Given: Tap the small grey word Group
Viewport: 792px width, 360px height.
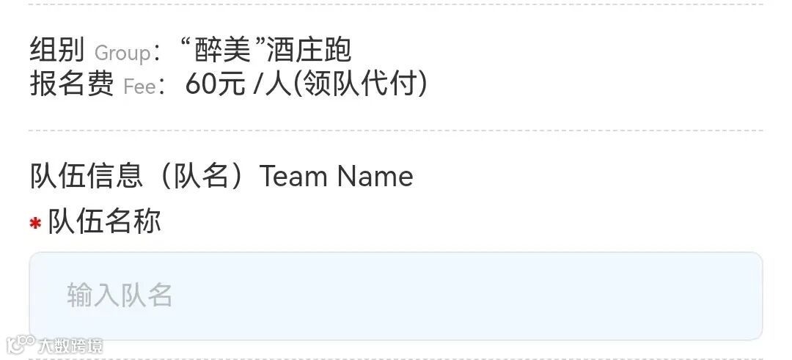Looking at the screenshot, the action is coord(122,53).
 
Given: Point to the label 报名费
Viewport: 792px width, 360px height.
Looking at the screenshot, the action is coord(72,85).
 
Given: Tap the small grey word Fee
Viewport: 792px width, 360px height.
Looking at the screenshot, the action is coord(139,87).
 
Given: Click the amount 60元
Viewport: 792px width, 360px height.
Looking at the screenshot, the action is coord(215,85).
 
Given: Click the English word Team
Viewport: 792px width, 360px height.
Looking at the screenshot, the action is coord(293,177).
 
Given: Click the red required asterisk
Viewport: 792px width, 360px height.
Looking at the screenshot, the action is coord(35,224).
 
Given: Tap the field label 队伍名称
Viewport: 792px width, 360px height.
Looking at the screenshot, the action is coord(104,221).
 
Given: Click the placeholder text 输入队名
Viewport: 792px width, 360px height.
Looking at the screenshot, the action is coord(120,295).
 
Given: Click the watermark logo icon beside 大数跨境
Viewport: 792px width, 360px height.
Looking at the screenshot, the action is coord(20,344).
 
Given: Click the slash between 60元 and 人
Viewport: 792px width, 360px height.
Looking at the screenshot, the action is coord(256,86).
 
